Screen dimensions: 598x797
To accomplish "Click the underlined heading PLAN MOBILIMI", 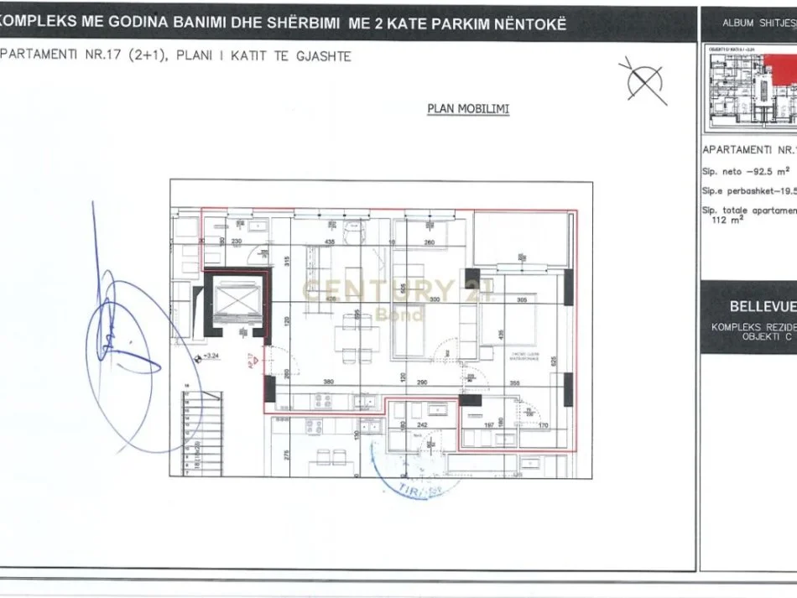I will [x=467, y=109].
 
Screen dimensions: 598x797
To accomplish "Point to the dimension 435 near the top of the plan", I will [x=330, y=242].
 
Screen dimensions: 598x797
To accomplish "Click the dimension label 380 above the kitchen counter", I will [x=330, y=382].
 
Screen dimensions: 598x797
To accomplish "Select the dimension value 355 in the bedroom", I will [x=513, y=383].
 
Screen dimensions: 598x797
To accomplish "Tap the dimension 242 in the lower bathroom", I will [x=423, y=424].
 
